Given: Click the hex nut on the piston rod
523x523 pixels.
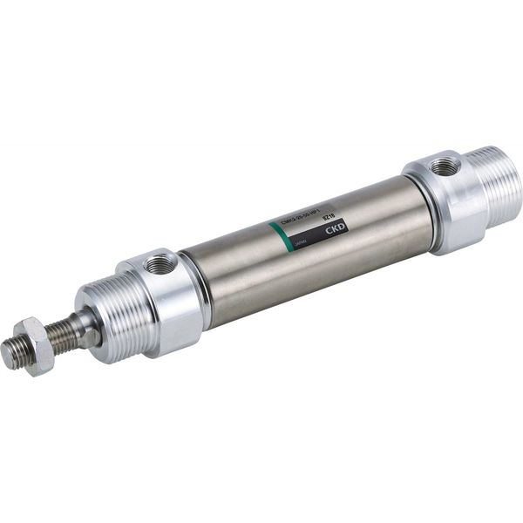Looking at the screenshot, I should coord(33,345).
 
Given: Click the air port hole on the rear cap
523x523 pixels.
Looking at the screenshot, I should coord(445,166).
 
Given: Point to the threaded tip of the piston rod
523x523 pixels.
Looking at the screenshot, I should coord(12,353).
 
